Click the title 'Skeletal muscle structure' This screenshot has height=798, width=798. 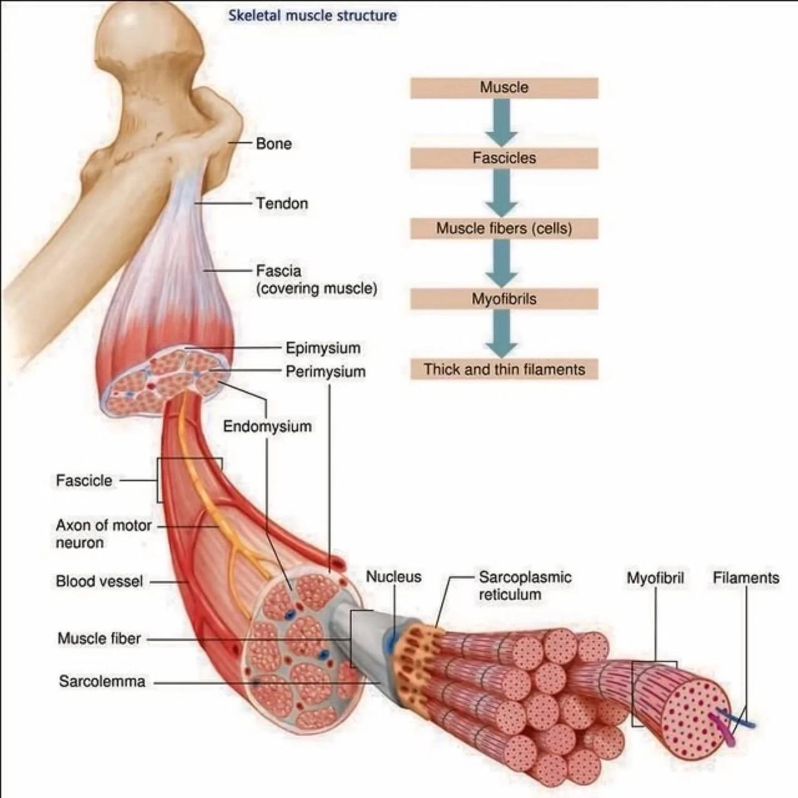312,16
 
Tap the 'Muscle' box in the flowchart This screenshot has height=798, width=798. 504,88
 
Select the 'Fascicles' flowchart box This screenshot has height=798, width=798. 504,158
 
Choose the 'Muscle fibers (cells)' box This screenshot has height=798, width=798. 504,229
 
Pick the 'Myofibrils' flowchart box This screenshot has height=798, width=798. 504,299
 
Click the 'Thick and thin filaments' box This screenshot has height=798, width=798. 504,370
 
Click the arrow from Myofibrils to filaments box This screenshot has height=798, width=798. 502,334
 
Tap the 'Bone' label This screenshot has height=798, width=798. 274,144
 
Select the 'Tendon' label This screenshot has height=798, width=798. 282,204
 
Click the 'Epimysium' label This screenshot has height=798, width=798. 323,348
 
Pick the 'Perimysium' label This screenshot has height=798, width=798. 325,372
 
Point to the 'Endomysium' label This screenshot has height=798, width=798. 267,427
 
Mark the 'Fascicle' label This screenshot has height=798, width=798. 84,481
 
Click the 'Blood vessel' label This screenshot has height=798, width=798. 99,582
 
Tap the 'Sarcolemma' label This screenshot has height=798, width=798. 102,682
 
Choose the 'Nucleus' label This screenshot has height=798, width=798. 393,577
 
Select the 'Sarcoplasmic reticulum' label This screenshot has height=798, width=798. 525,586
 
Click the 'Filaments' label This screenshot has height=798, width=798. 746,579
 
